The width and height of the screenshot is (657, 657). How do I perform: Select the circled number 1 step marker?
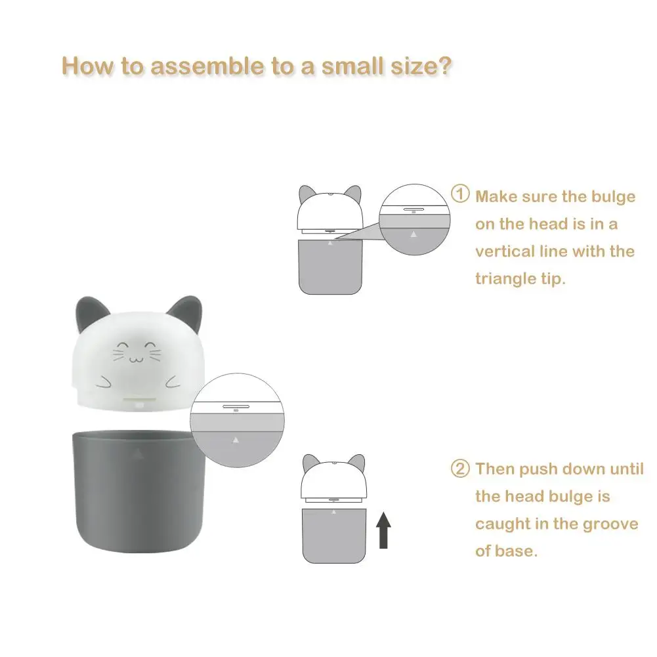(461, 195)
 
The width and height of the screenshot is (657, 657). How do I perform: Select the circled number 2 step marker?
(461, 469)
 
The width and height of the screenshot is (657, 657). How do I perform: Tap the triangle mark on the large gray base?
(137, 452)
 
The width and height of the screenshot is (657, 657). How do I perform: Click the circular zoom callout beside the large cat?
(235, 425)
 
